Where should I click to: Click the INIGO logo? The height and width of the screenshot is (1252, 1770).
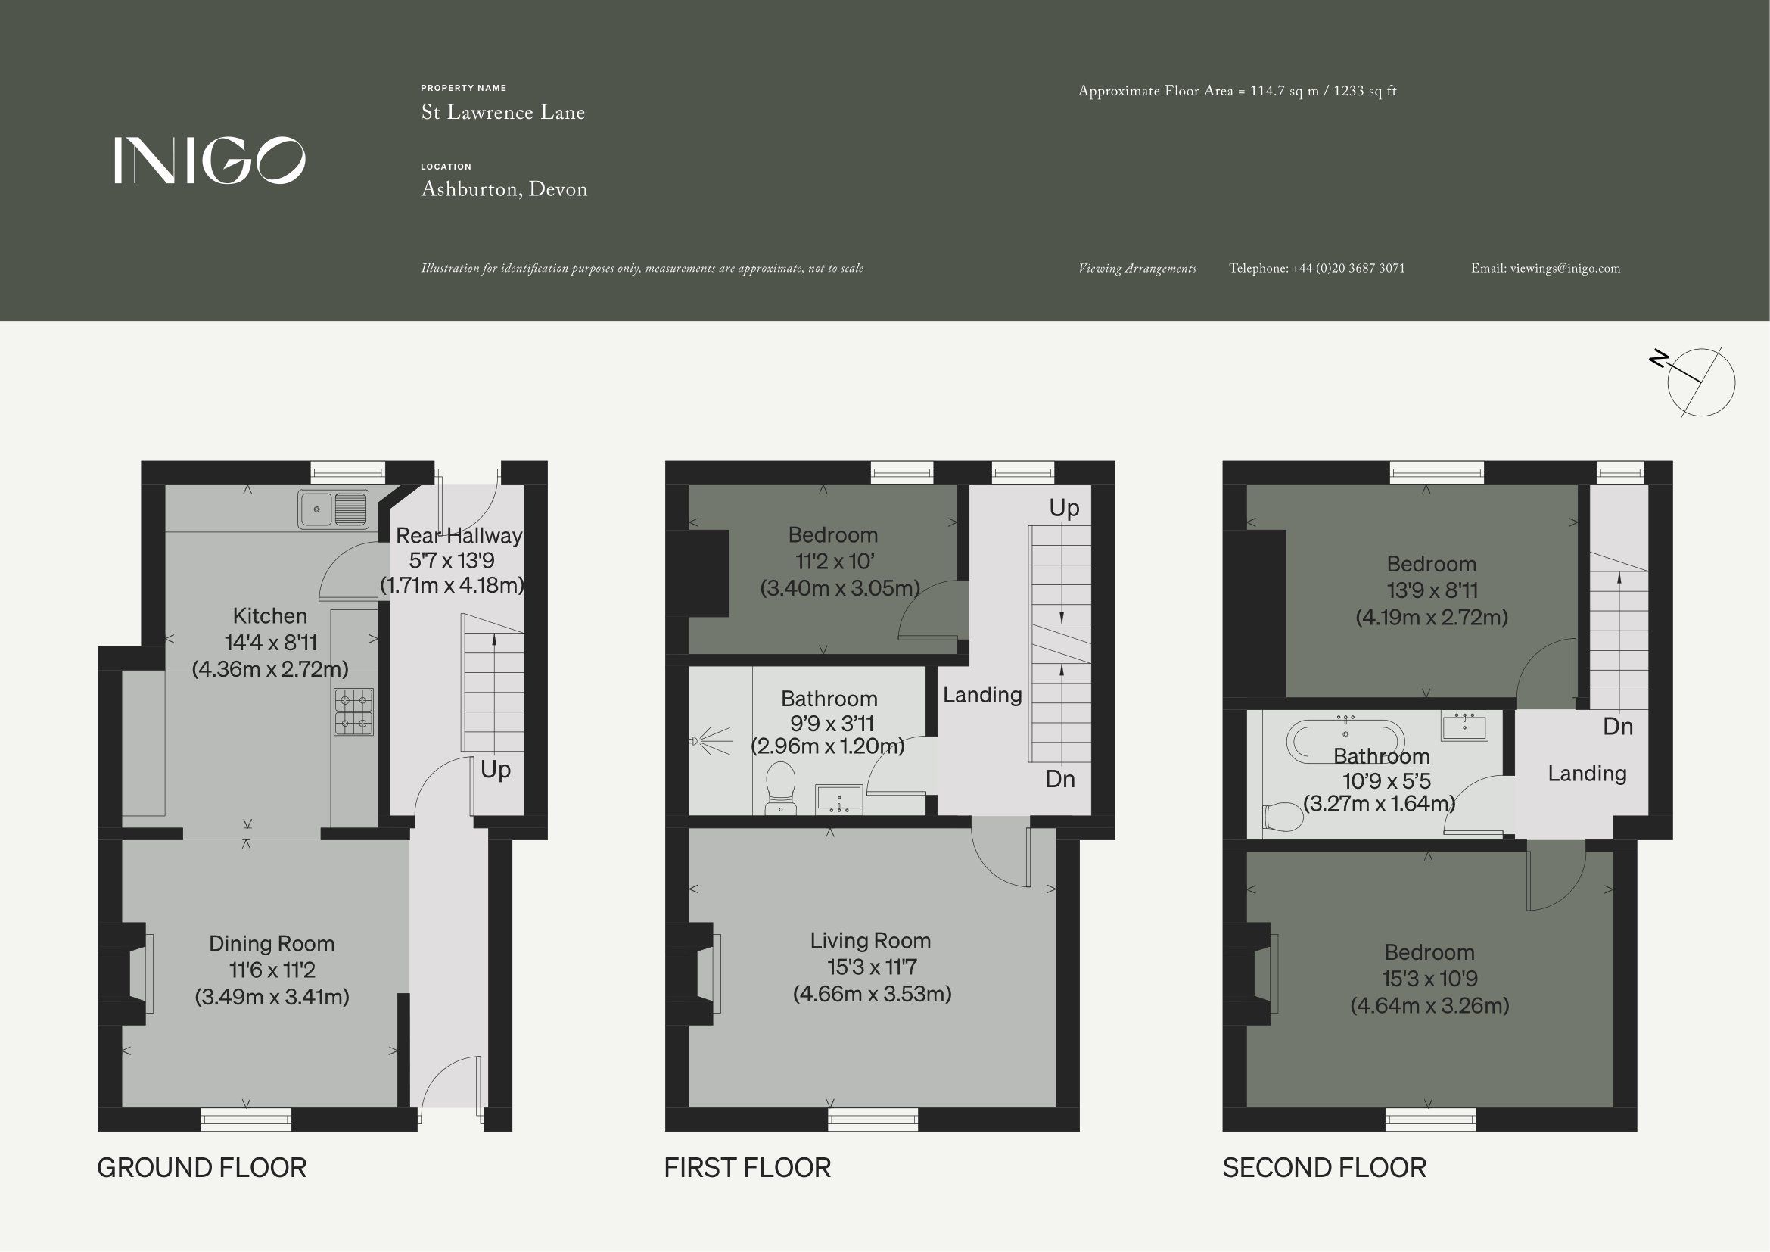coord(210,160)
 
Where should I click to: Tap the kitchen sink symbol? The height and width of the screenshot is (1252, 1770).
coord(334,509)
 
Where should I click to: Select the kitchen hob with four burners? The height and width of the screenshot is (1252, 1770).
coord(354,712)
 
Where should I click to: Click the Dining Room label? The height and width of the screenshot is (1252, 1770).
coord(272,944)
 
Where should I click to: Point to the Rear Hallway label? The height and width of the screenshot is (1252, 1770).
coord(459,535)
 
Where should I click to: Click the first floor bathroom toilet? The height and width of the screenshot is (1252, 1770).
coord(781,787)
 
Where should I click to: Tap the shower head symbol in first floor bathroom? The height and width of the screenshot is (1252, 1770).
coord(710,742)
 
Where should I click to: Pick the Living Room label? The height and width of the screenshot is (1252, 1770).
coord(870,941)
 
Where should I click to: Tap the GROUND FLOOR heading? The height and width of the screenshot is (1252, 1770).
coord(202,1168)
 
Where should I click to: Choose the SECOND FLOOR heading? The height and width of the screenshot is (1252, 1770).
coord(1324,1168)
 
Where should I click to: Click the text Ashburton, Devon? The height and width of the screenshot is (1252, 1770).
coord(504,190)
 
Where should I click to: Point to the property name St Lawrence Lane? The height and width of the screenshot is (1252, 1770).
coord(502,113)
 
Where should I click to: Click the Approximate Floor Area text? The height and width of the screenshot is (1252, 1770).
coord(1237,91)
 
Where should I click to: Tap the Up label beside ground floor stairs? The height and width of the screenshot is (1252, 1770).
coord(496,770)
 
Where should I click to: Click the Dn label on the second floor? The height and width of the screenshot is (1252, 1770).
coord(1618,726)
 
